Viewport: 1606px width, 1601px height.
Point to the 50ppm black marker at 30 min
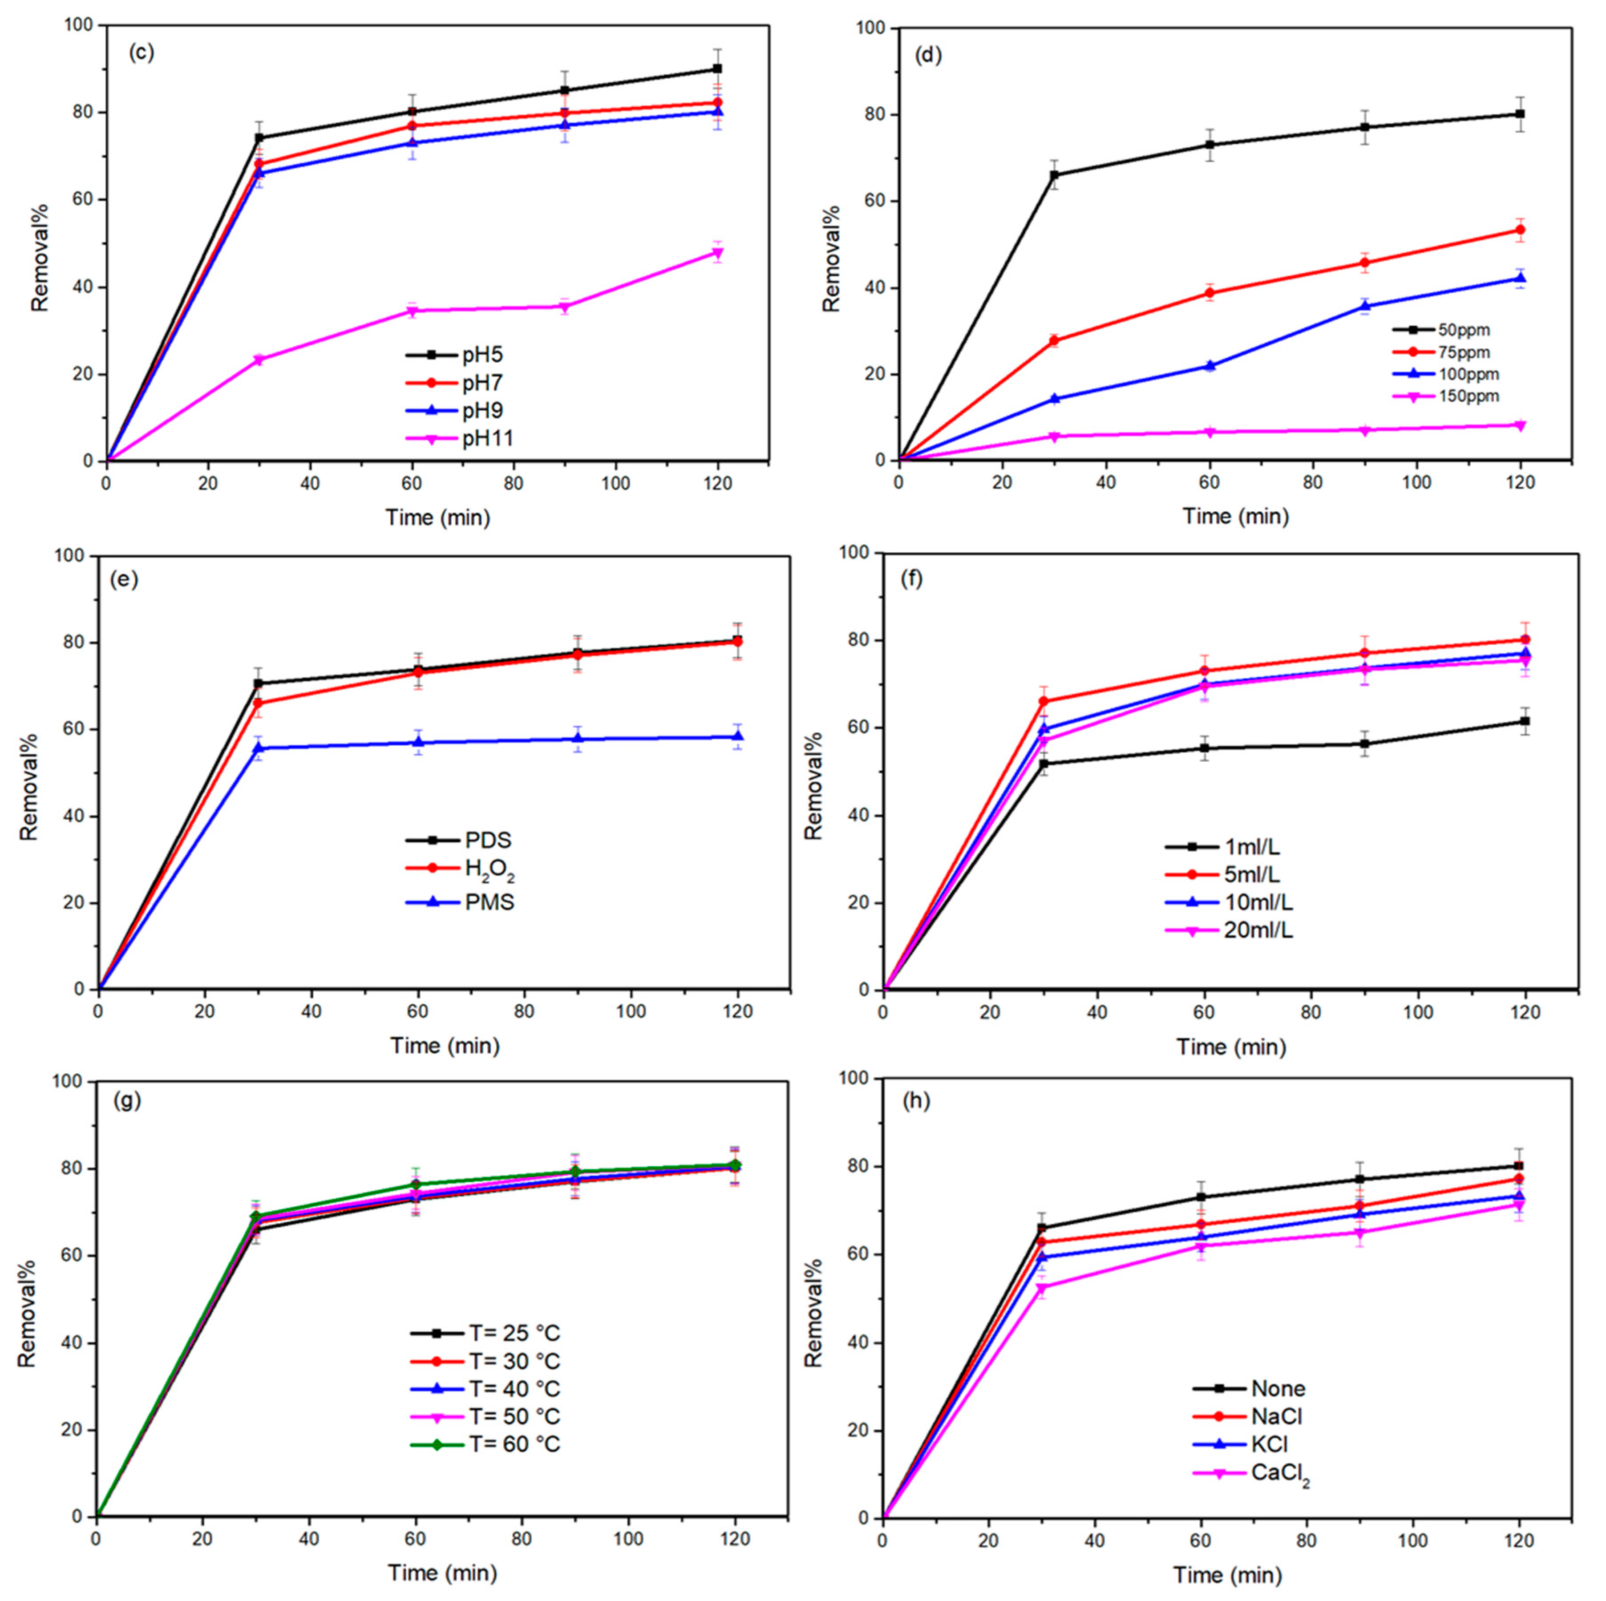pyautogui.click(x=1054, y=174)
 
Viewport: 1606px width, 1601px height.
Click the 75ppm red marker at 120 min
pyautogui.click(x=1521, y=230)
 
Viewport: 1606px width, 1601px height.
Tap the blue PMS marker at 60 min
pyautogui.click(x=418, y=742)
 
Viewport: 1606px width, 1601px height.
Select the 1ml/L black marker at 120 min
pyautogui.click(x=1525, y=721)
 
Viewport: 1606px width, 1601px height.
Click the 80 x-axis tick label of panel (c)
pyautogui.click(x=513, y=484)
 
